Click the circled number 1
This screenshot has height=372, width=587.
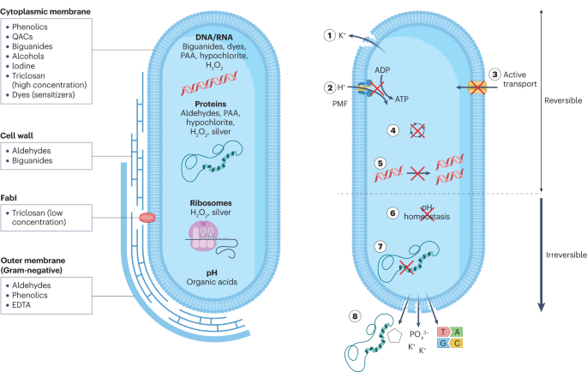pyautogui.click(x=328, y=36)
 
